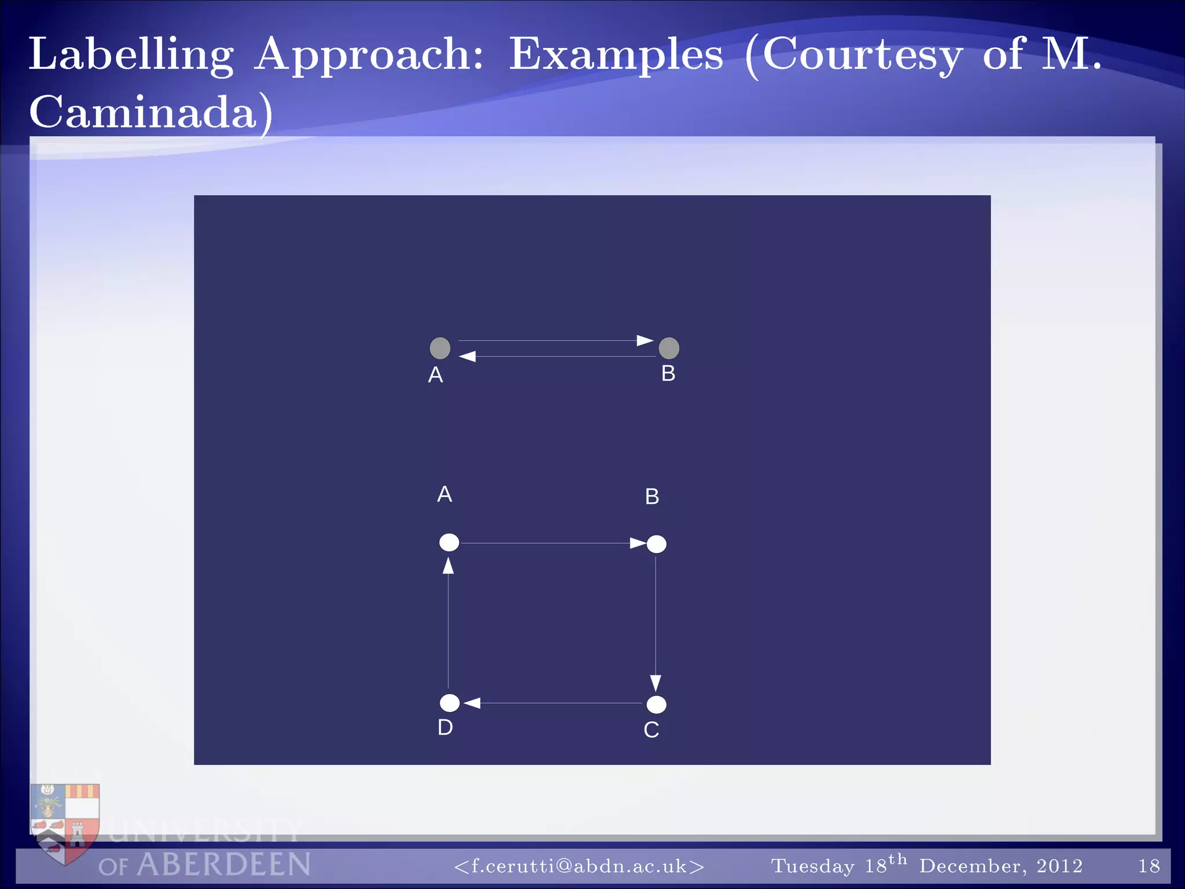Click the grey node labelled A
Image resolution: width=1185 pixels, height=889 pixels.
click(440, 348)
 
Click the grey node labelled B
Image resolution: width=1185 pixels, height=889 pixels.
click(669, 348)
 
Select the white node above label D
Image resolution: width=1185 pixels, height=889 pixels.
click(450, 703)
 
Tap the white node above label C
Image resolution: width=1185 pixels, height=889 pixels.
click(656, 704)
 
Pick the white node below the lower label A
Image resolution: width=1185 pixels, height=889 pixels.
click(449, 542)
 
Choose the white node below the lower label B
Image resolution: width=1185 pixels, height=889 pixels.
click(656, 544)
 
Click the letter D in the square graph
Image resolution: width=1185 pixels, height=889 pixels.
click(445, 728)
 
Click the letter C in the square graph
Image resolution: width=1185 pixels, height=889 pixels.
click(651, 730)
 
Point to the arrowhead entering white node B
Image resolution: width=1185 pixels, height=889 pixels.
click(638, 543)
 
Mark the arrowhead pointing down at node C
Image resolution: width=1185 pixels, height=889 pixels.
click(656, 683)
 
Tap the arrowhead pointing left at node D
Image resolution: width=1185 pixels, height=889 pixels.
click(472, 703)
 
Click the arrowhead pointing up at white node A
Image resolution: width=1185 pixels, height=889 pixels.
click(448, 565)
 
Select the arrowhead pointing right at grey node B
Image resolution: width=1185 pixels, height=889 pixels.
click(645, 340)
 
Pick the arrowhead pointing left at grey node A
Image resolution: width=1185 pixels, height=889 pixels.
click(468, 357)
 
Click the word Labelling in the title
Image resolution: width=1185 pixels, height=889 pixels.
click(131, 55)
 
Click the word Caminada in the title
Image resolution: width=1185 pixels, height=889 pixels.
click(143, 112)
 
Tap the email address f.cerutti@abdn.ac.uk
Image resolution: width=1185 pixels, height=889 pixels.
click(579, 866)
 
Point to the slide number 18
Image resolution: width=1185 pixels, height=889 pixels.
click(1149, 866)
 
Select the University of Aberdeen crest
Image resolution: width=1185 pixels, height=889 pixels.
click(65, 822)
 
